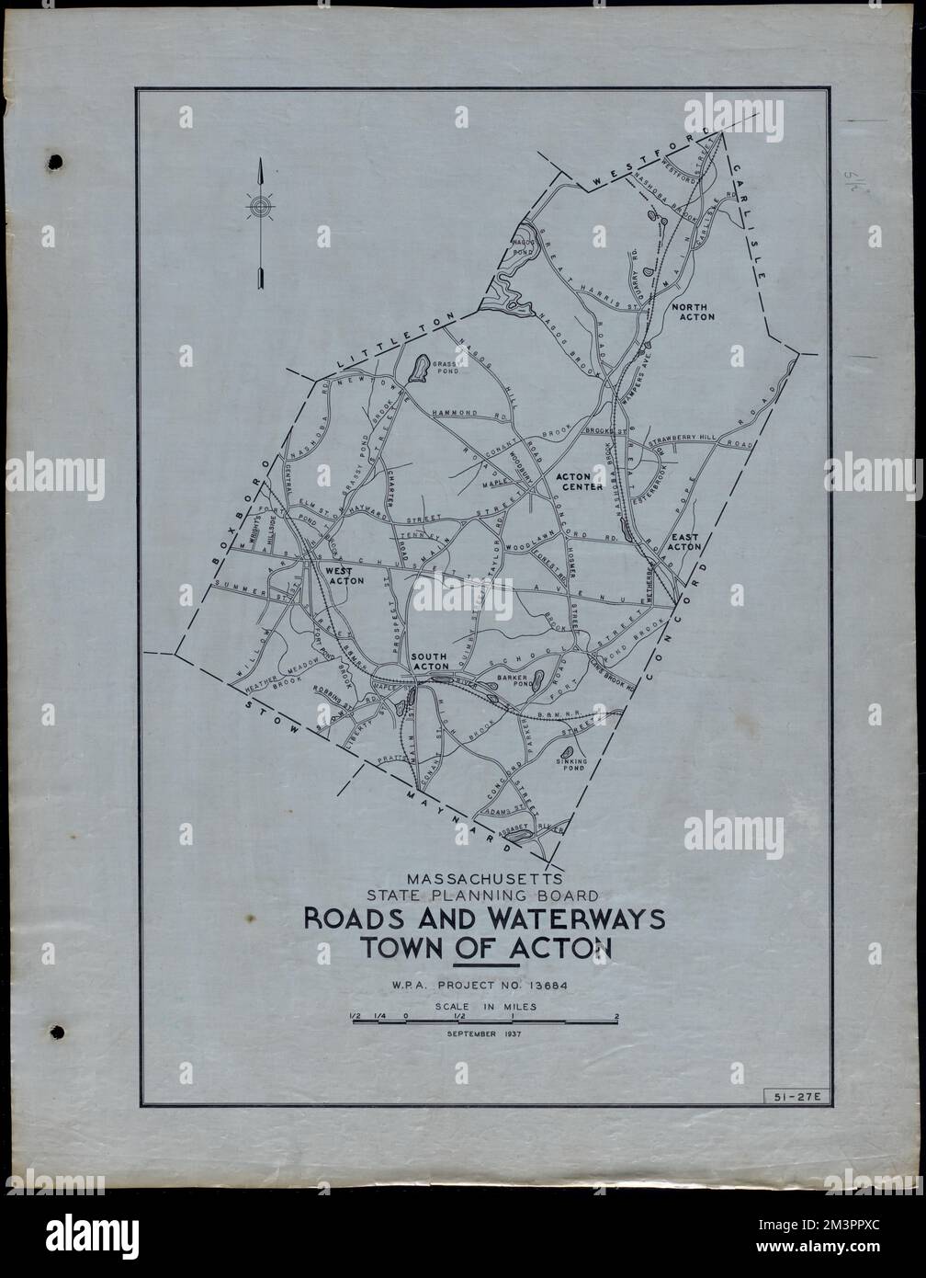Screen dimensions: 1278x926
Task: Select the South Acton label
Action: coord(430,661)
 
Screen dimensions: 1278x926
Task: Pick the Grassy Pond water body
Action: coord(418,369)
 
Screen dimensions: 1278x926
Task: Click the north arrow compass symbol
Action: coord(261,208)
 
